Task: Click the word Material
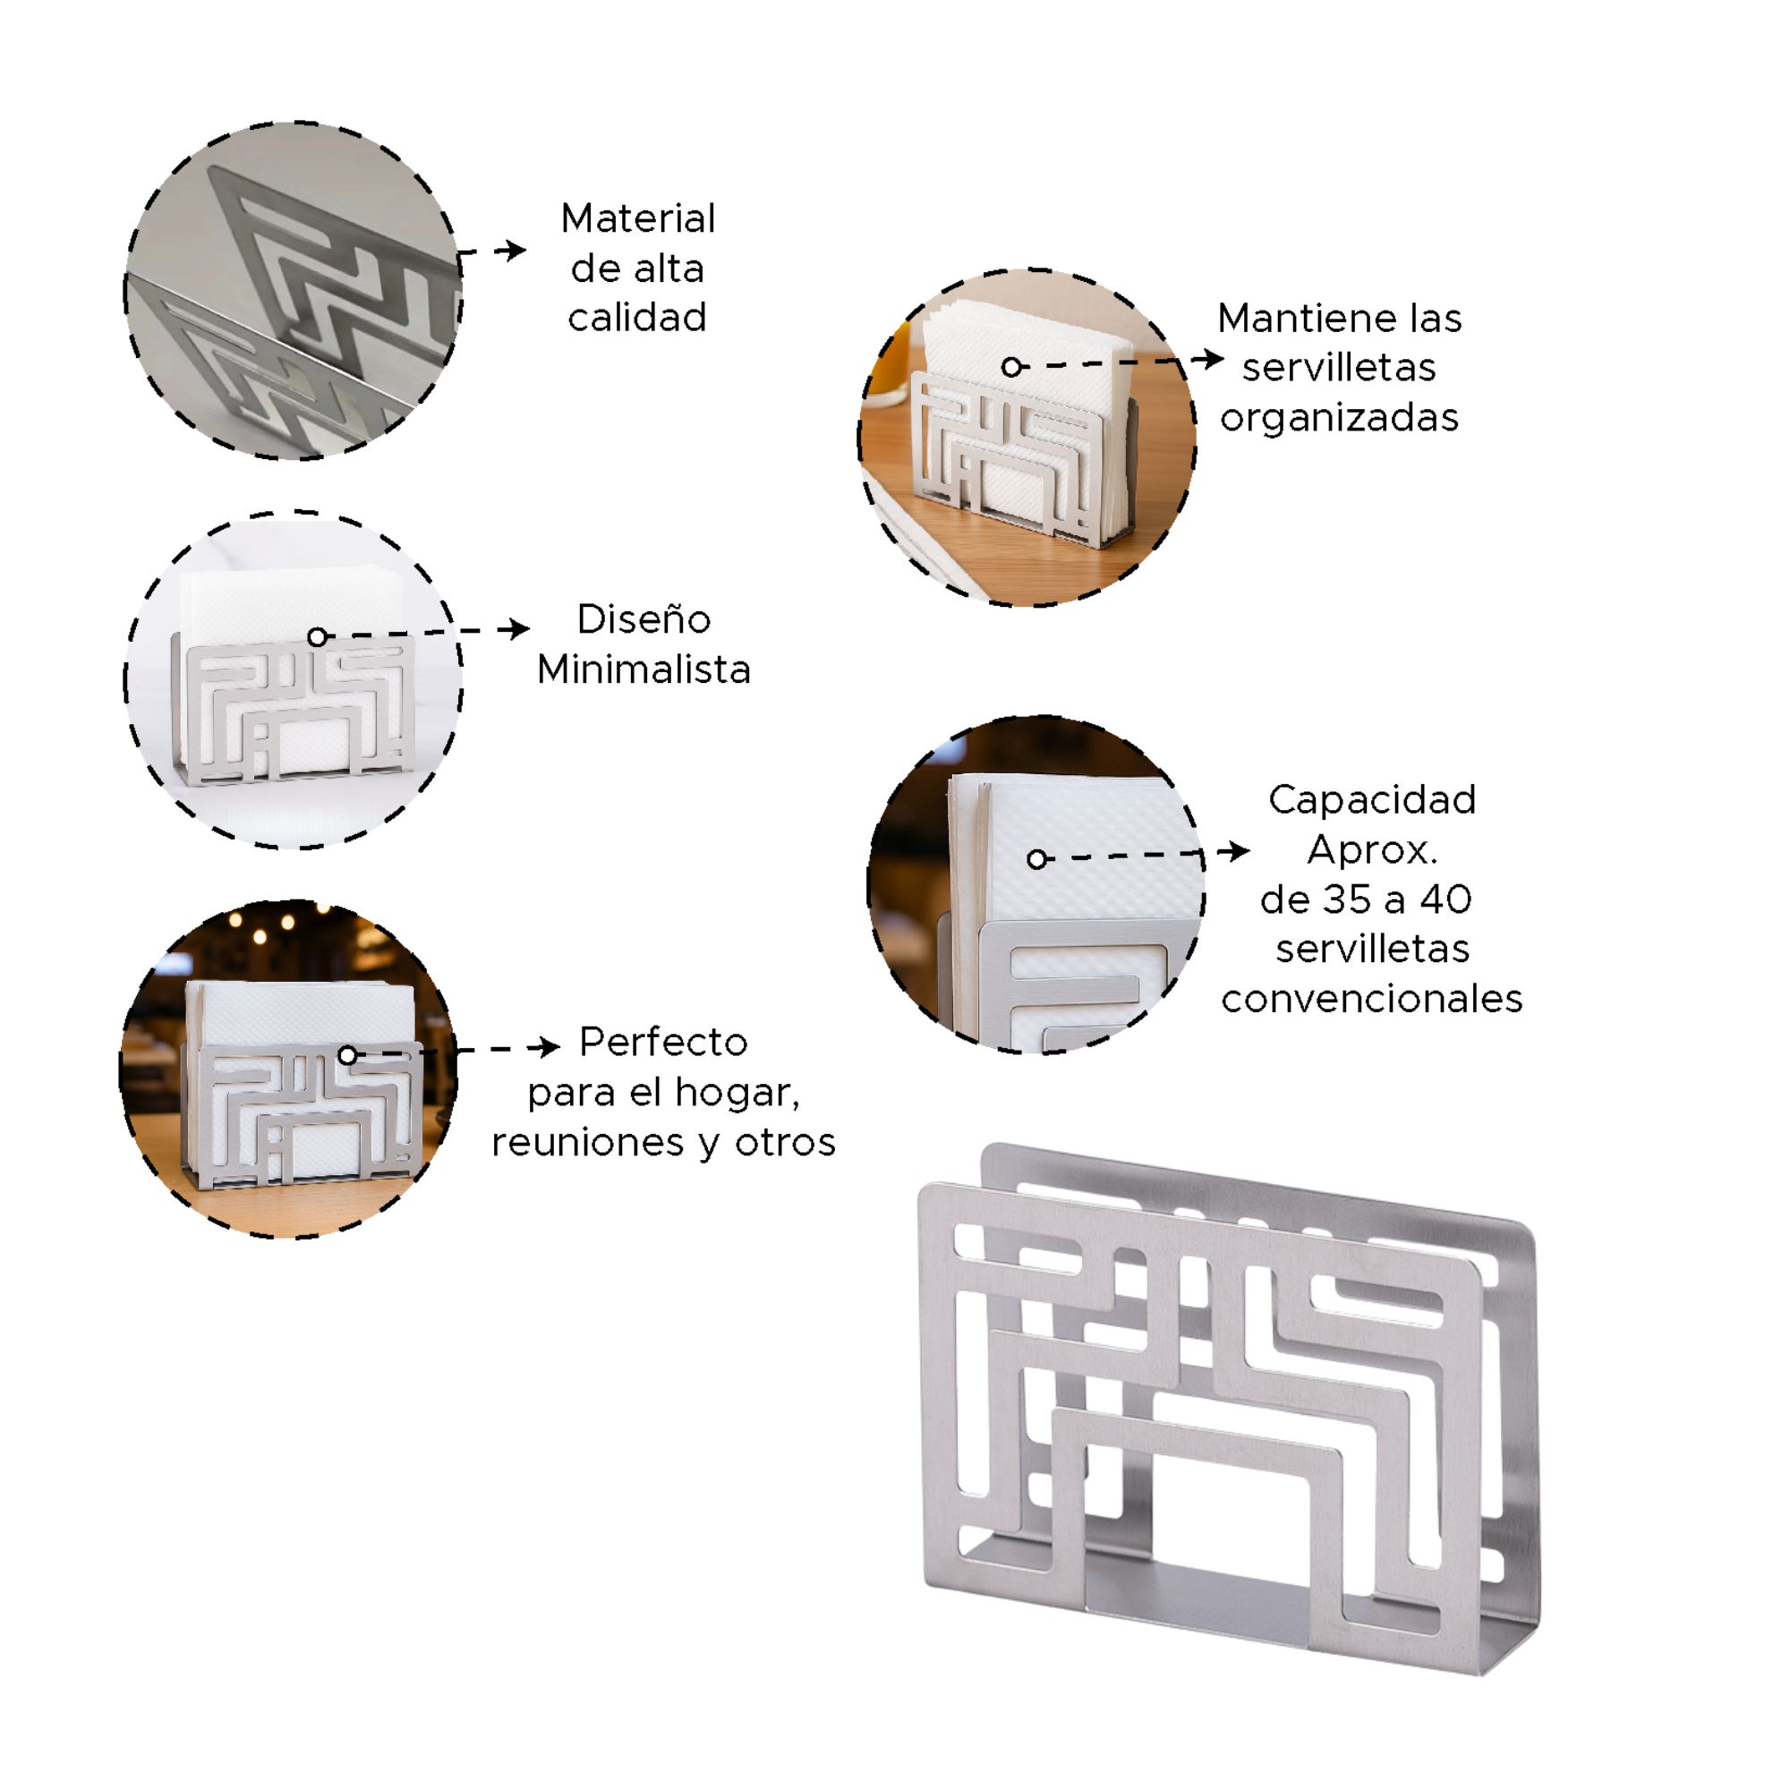click(637, 218)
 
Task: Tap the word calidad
click(637, 317)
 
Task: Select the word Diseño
click(644, 619)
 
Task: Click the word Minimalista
click(644, 669)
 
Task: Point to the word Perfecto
click(663, 1043)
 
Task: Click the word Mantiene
click(1308, 318)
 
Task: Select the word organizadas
click(1339, 418)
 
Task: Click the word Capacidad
click(1372, 799)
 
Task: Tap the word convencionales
click(1372, 999)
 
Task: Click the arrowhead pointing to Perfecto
click(547, 1048)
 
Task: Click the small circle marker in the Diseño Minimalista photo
click(318, 637)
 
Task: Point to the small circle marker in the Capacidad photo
click(1036, 860)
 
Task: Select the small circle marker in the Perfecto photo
click(347, 1055)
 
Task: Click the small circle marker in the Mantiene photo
click(1011, 368)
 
